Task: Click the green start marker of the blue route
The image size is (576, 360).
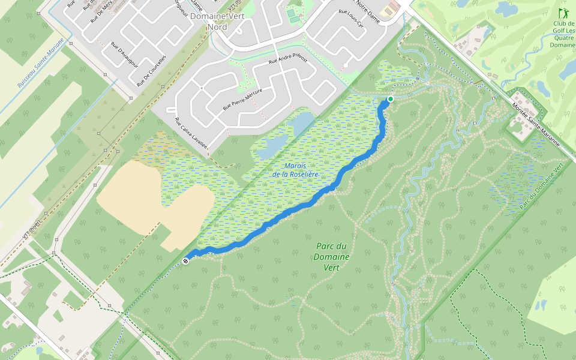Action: click(391, 99)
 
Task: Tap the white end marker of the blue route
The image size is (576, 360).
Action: click(186, 260)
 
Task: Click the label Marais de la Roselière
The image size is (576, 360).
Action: click(295, 169)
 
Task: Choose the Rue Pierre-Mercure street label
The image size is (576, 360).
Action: click(242, 99)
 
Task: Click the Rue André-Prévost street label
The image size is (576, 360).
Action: click(288, 60)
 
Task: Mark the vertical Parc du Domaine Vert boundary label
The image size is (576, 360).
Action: click(544, 186)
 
